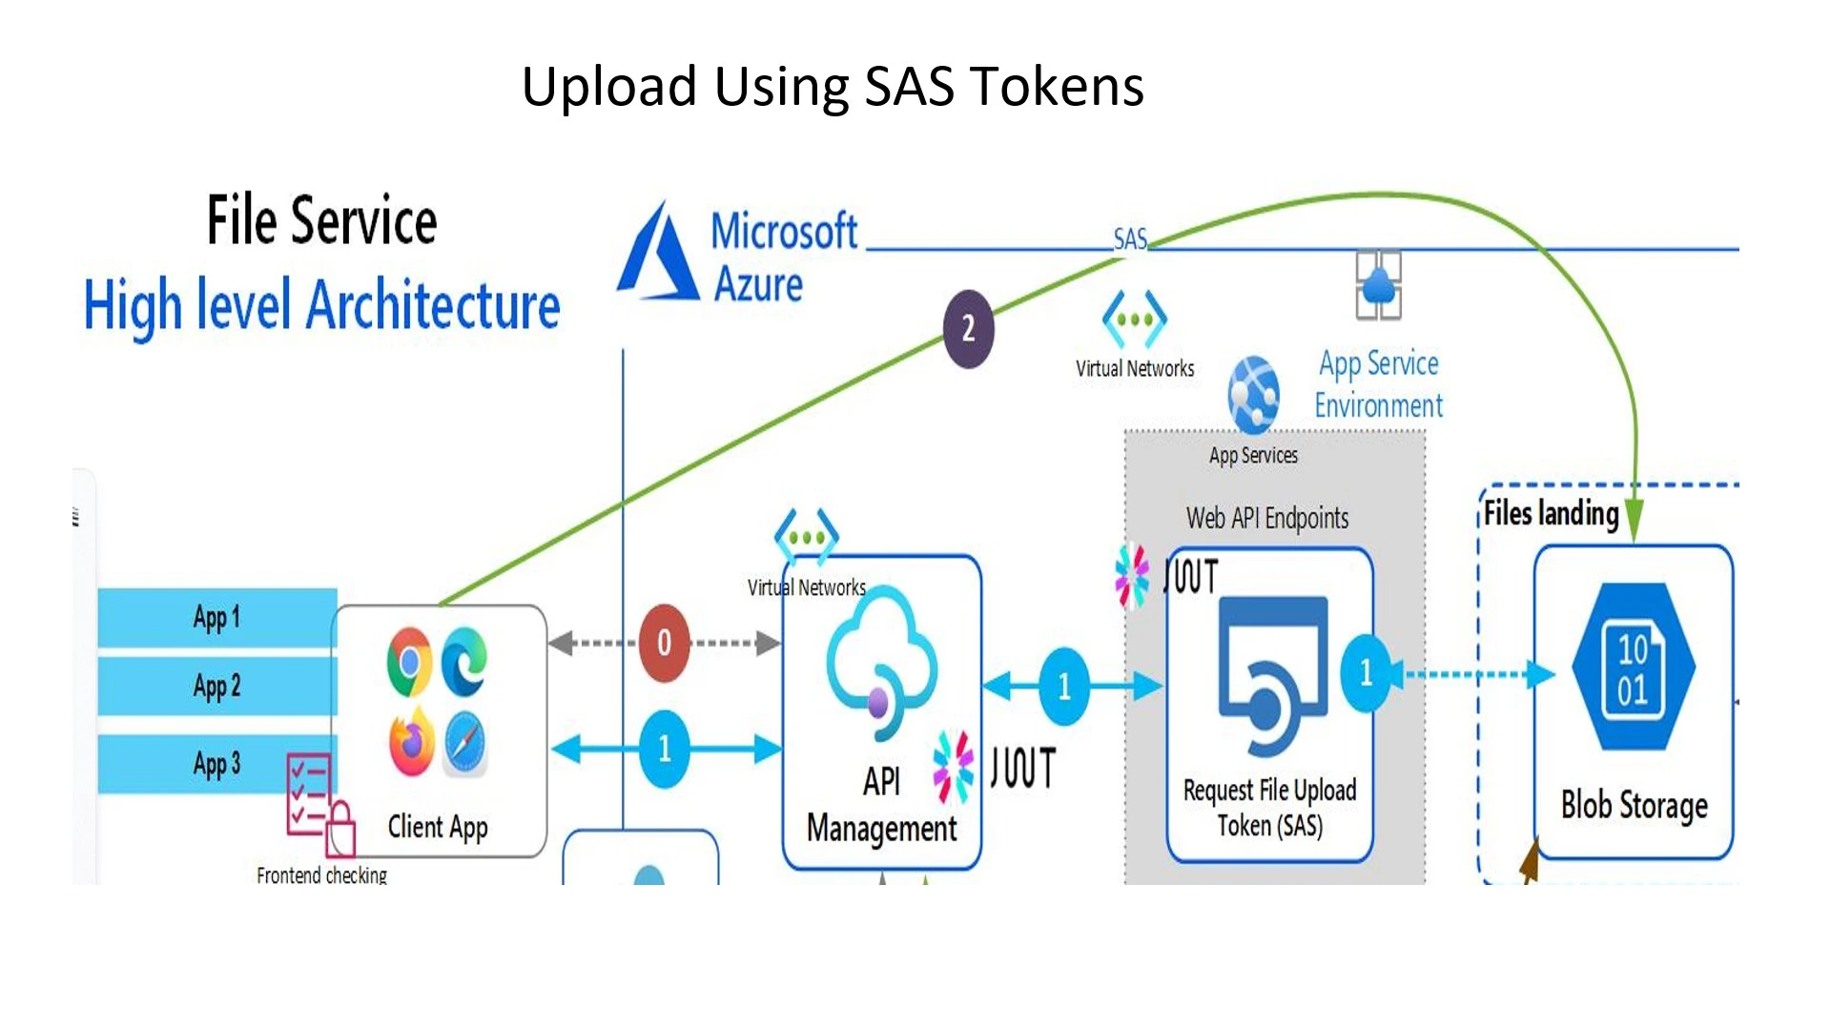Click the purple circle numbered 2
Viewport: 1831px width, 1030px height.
[x=968, y=329]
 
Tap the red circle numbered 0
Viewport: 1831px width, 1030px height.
[x=664, y=643]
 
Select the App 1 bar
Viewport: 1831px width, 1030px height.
[x=217, y=617]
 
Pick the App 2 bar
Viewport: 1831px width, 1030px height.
[x=217, y=686]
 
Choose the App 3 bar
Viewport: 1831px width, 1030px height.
[x=217, y=763]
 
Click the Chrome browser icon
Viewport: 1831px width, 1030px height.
[x=410, y=661]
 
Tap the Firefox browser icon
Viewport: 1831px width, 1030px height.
[x=411, y=742]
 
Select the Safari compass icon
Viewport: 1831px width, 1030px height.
[x=465, y=743]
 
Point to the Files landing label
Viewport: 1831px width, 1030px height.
[x=1551, y=514]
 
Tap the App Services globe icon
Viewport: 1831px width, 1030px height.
[x=1253, y=394]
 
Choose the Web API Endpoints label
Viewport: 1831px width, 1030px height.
[x=1267, y=518]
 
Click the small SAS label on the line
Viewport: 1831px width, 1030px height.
[x=1130, y=238]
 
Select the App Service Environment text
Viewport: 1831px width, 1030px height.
[x=1379, y=384]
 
